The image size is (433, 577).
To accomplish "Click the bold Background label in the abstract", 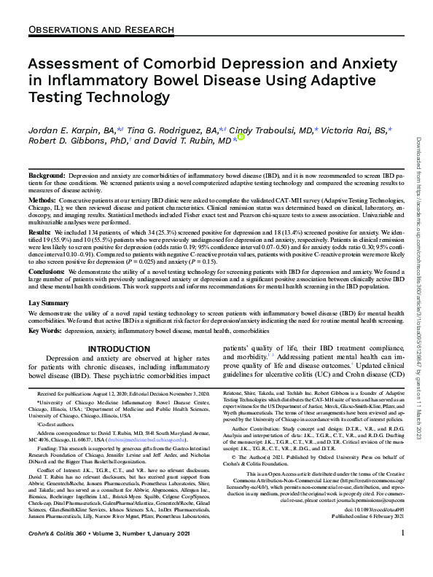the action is point(46,177).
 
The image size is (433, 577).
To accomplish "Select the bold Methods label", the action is point(41,200).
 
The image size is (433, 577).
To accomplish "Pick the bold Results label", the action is point(39,230).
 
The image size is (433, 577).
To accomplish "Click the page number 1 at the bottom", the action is point(403,554).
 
